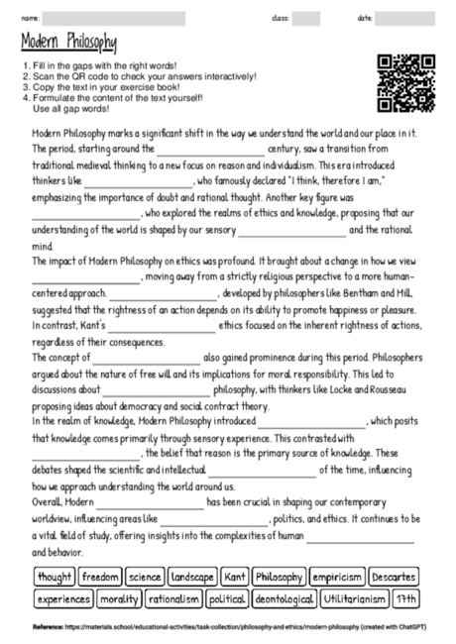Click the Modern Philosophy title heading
[x=68, y=42]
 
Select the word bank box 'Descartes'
[x=395, y=576]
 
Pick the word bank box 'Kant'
[x=234, y=576]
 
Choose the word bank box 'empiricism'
[x=335, y=576]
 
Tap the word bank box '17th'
[x=405, y=598]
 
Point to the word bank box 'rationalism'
[x=172, y=598]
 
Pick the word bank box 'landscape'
[x=192, y=576]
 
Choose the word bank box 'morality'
[x=118, y=598]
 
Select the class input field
[x=306, y=18]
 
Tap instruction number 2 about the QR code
[x=140, y=76]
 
